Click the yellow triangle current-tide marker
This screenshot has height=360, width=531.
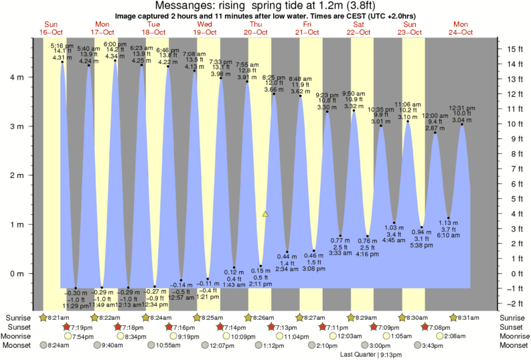[x=265, y=214]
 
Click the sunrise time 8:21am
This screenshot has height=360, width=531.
[x=55, y=317]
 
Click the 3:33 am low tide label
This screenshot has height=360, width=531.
[x=340, y=254]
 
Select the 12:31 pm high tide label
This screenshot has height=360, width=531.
[x=462, y=108]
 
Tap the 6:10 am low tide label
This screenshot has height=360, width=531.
[x=449, y=236]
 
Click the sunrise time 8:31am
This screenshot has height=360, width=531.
[x=467, y=317]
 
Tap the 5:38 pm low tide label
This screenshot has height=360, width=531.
[x=422, y=245]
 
